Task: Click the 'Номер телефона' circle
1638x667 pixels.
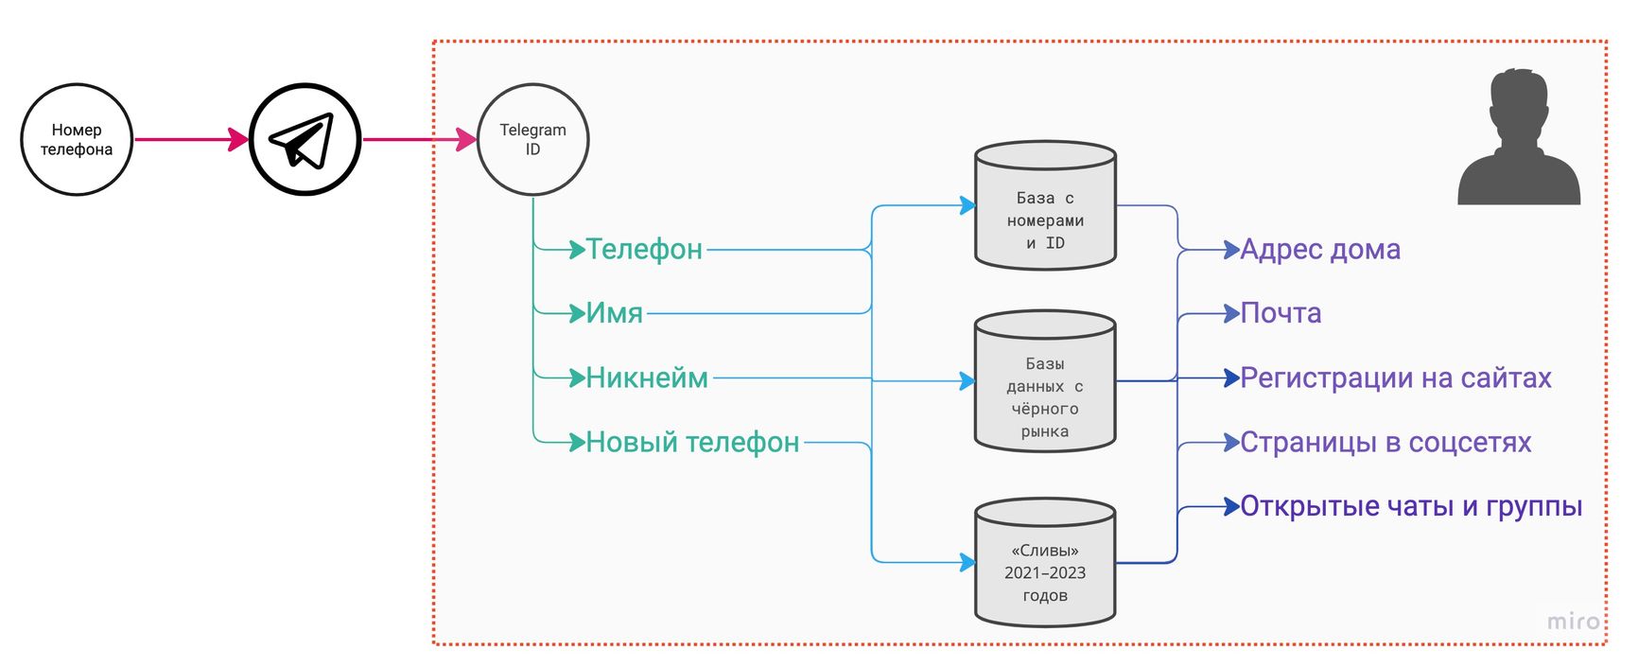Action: pos(77,140)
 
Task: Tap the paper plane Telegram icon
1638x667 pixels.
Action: pos(305,140)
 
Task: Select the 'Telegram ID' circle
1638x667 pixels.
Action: pos(532,140)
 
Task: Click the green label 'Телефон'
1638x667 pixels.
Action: pos(644,250)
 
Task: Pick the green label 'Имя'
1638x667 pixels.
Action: pos(614,313)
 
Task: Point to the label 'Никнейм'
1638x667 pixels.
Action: pos(647,378)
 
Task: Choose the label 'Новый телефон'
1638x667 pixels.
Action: pos(692,443)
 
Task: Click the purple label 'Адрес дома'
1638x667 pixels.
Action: pos(1320,250)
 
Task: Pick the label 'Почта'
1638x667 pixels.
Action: pos(1281,313)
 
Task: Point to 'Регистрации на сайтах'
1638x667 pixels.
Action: pos(1396,378)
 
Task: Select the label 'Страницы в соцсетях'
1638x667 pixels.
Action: pos(1385,443)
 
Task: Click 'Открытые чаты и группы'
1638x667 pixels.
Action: pos(1411,507)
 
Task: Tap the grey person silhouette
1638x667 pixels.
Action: pos(1519,140)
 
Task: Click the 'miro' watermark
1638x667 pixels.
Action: pos(1574,622)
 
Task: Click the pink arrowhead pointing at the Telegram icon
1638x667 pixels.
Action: pos(238,140)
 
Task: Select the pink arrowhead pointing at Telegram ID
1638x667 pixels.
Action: pos(466,140)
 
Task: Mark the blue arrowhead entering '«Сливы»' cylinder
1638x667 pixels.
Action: pos(967,563)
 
